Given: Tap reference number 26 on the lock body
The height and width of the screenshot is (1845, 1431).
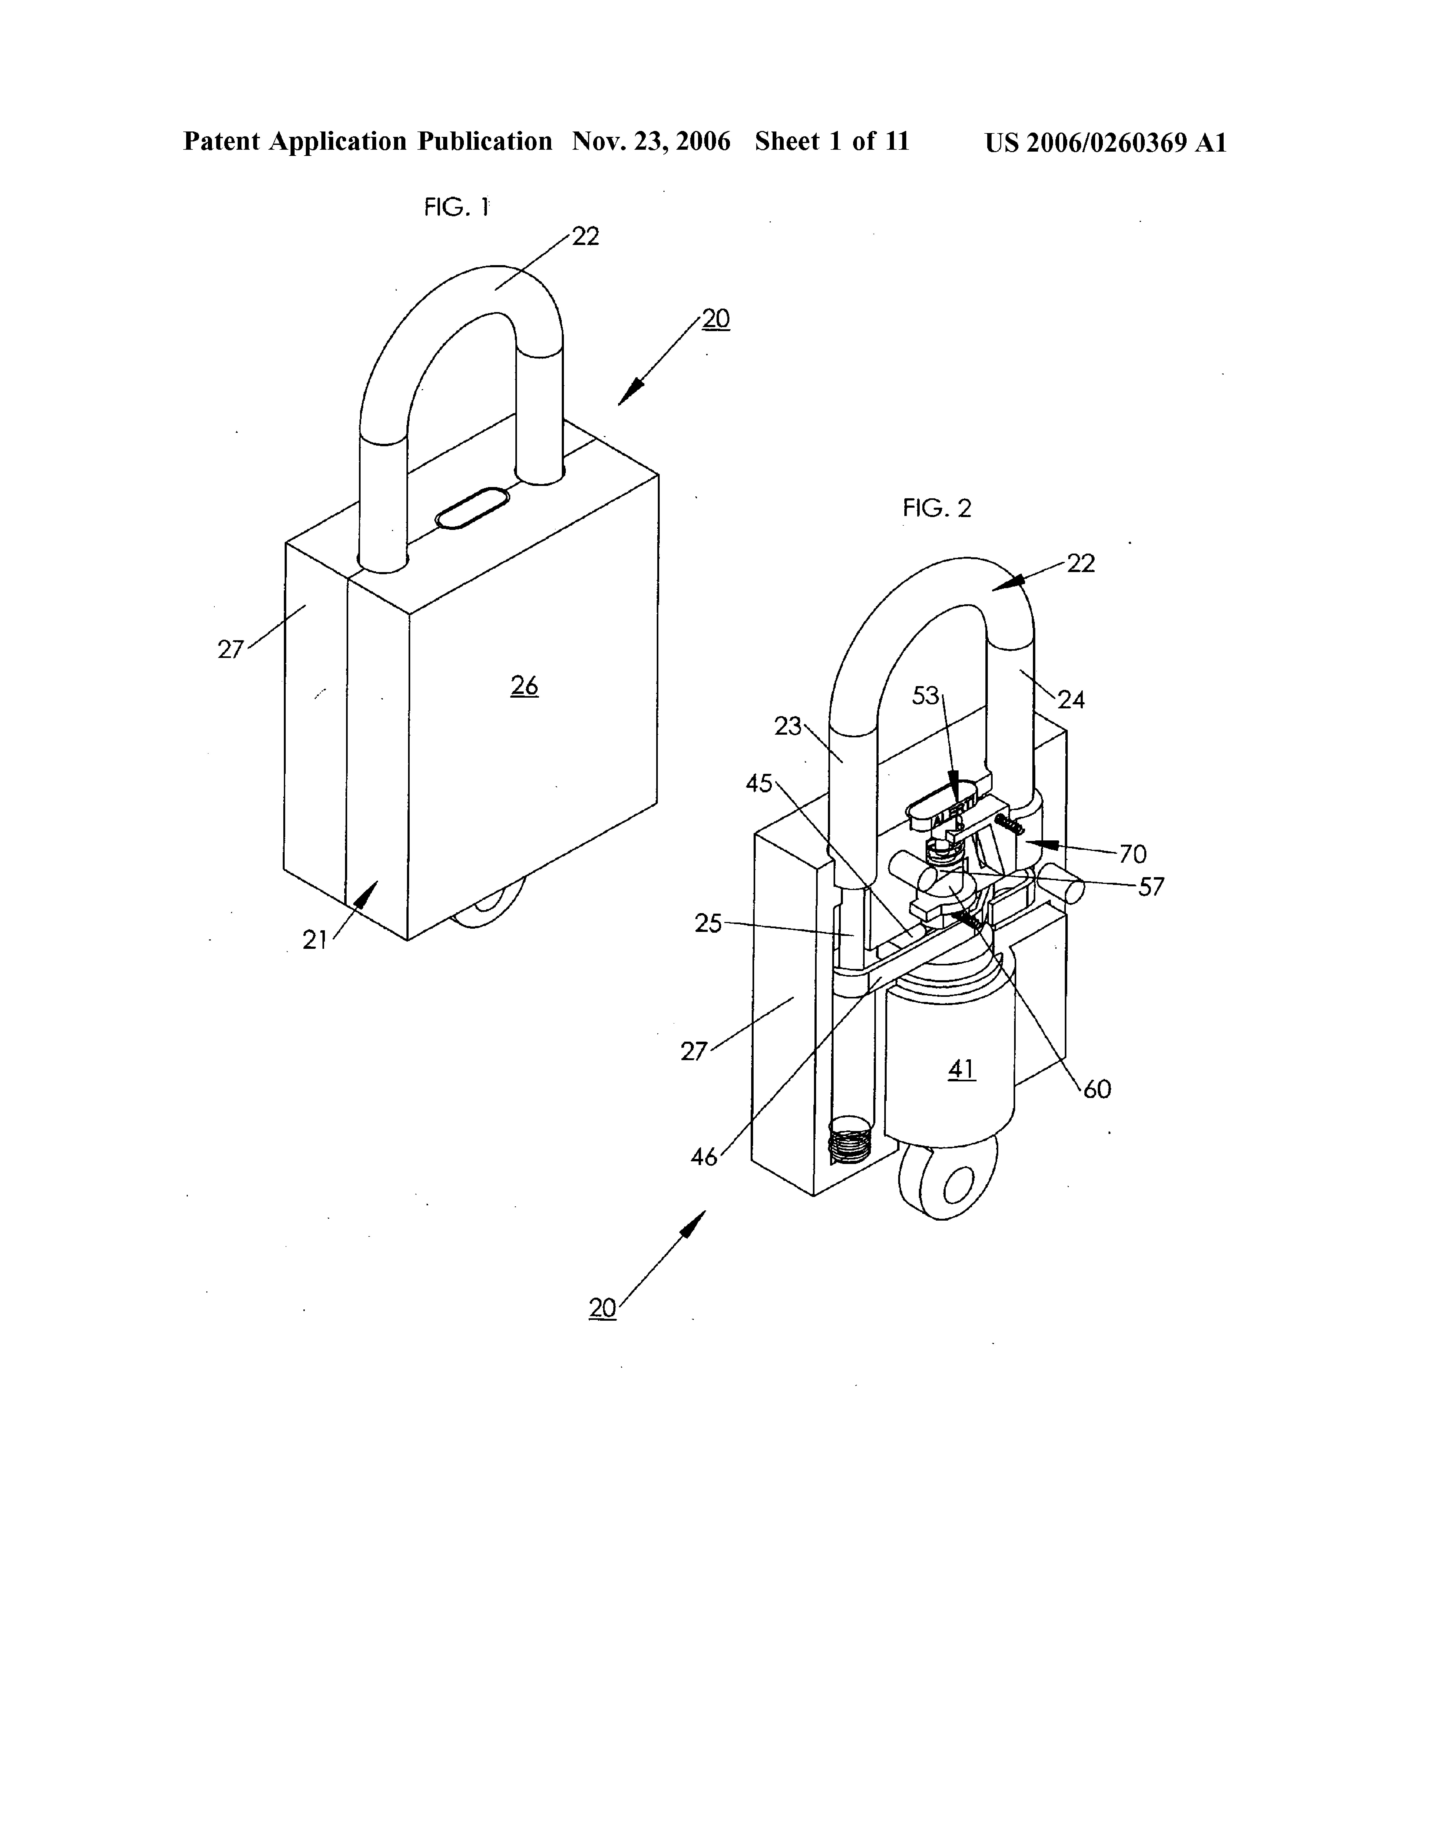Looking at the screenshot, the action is pyautogui.click(x=524, y=686).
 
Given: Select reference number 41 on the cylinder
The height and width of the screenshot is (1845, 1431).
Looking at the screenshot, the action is pyautogui.click(x=962, y=1070).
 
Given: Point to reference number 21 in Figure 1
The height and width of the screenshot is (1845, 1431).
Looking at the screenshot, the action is pyautogui.click(x=315, y=939).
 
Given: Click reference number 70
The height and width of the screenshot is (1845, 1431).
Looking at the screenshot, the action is pyautogui.click(x=1133, y=854).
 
